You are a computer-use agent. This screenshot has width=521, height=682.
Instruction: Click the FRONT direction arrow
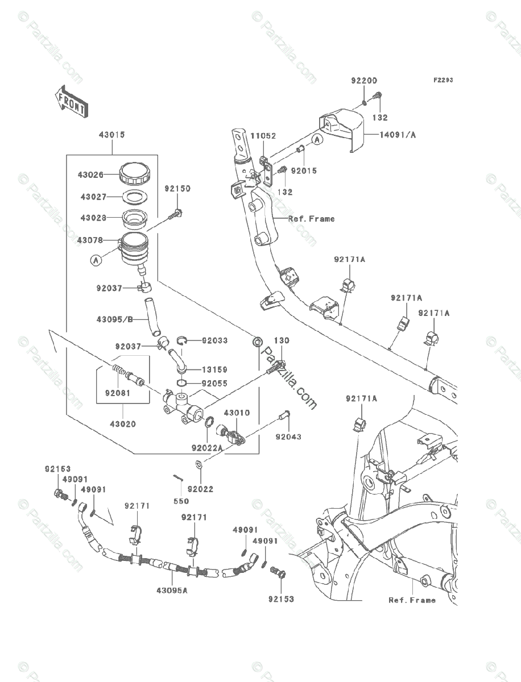[x=72, y=102]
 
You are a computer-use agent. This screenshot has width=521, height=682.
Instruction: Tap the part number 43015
[x=112, y=135]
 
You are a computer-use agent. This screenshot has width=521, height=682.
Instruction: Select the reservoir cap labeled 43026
[x=134, y=174]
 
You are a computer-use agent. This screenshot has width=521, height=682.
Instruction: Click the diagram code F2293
[x=443, y=80]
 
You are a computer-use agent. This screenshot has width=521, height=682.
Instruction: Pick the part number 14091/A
[x=398, y=135]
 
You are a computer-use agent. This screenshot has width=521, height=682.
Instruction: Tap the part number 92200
[x=364, y=81]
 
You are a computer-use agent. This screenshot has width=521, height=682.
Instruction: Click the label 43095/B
[x=115, y=319]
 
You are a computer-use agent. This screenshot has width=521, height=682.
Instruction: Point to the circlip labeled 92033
[x=181, y=341]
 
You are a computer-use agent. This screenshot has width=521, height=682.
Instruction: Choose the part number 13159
[x=214, y=369]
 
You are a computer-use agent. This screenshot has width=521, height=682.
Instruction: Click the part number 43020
[x=123, y=424]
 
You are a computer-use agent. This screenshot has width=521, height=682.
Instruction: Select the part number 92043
[x=288, y=436]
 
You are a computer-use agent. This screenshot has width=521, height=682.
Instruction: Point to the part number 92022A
[x=207, y=448]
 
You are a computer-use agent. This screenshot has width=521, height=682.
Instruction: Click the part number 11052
[x=263, y=136]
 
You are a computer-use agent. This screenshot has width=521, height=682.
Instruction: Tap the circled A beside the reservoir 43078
[x=96, y=260]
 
